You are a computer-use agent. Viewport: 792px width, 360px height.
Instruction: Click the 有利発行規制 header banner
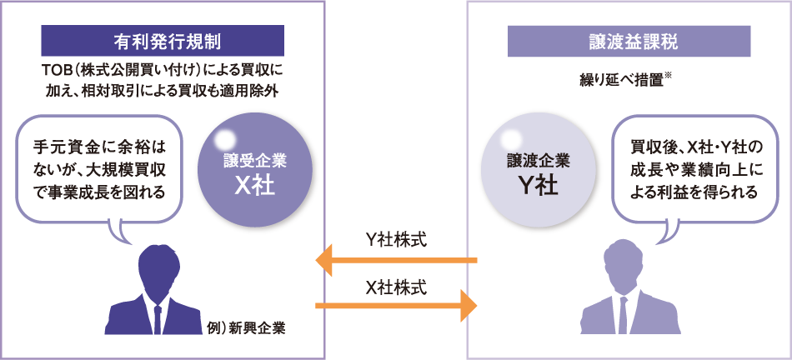coord(163,40)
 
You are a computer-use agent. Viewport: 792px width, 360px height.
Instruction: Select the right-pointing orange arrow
coord(395,306)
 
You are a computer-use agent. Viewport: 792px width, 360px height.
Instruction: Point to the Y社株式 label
coord(396,240)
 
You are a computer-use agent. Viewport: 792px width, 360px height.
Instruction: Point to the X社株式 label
coord(396,287)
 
